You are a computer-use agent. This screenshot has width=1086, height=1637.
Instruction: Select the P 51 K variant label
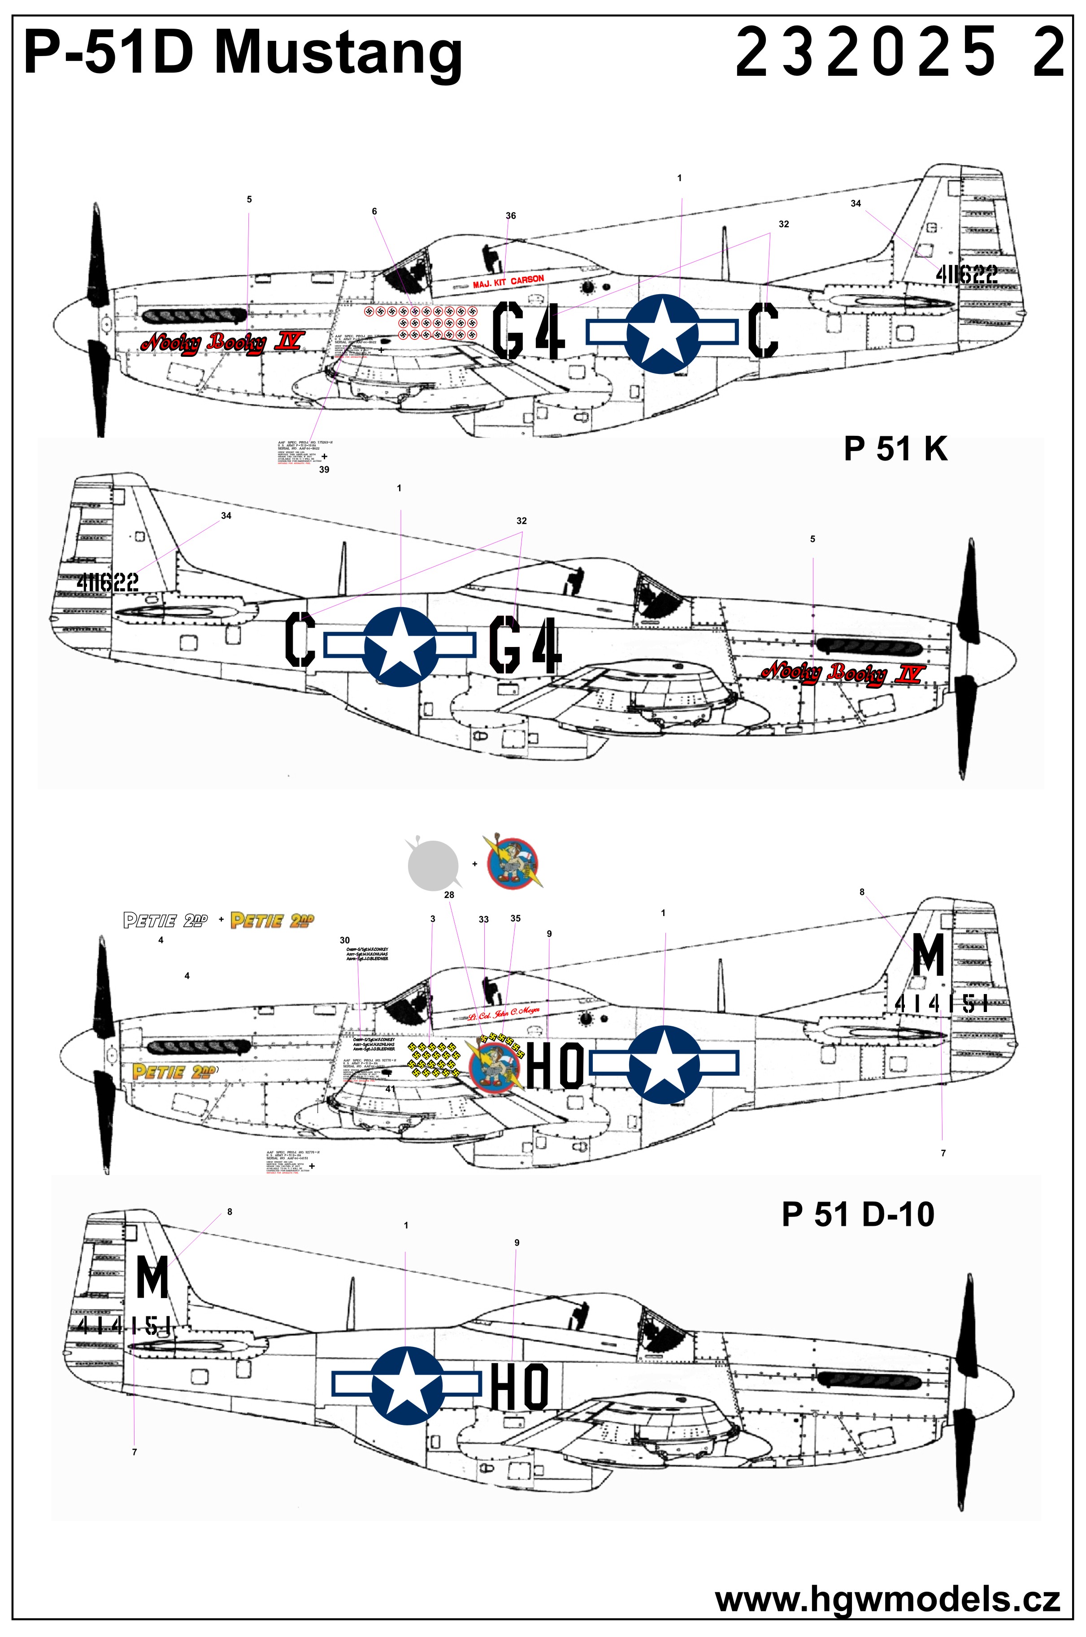(x=895, y=449)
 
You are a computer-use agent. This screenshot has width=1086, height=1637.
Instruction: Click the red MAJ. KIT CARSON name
(x=508, y=282)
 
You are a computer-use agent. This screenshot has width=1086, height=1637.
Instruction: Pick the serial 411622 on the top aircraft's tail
(x=967, y=275)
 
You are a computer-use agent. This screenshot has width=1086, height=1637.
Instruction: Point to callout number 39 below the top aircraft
(x=323, y=469)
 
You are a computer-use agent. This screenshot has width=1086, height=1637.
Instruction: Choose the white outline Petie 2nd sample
(x=165, y=921)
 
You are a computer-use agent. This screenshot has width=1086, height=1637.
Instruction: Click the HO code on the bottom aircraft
(x=519, y=1386)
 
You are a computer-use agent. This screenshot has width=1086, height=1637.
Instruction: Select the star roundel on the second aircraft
(x=400, y=647)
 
